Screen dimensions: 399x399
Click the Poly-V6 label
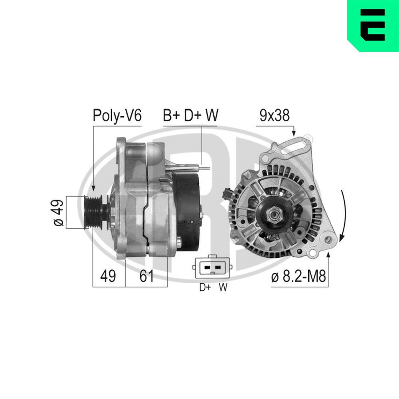pyautogui.click(x=117, y=115)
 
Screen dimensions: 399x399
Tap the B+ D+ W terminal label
pyautogui.click(x=190, y=115)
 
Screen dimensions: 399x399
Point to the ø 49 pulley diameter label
pyautogui.click(x=58, y=212)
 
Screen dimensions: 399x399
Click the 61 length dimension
pyautogui.click(x=146, y=276)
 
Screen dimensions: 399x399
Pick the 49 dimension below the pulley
pyautogui.click(x=108, y=276)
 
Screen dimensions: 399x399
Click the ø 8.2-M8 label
pyautogui.click(x=298, y=277)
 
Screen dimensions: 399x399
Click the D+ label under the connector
pyautogui.click(x=205, y=288)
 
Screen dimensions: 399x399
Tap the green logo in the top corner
pyautogui.click(x=373, y=26)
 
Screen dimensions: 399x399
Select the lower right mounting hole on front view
pyautogui.click(x=328, y=239)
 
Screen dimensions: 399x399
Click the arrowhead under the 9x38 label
pyautogui.click(x=294, y=133)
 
